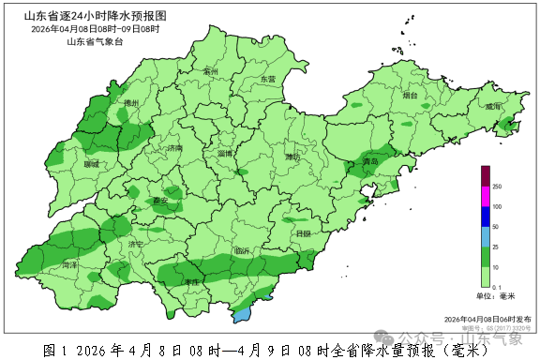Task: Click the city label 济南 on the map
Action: (x=174, y=149)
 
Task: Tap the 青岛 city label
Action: (x=371, y=162)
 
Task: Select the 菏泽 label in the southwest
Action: (x=70, y=265)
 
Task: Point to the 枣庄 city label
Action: (x=193, y=281)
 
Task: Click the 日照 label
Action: (x=302, y=233)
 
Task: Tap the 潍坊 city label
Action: (x=293, y=157)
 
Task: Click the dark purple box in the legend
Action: (x=486, y=176)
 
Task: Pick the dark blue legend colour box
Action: (x=486, y=217)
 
